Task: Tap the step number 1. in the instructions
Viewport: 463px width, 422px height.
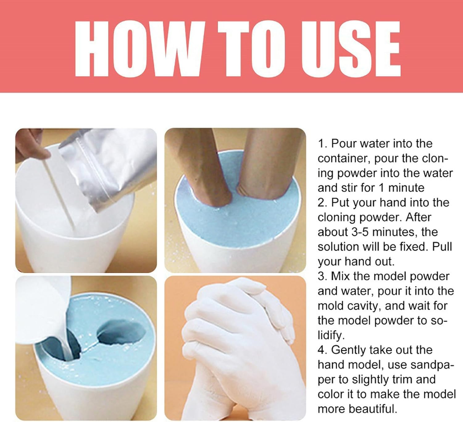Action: click(323, 144)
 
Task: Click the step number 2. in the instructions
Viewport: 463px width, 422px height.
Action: click(323, 203)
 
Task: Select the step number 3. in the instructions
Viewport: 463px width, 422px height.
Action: click(323, 276)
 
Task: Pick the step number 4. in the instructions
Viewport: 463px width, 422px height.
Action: click(323, 350)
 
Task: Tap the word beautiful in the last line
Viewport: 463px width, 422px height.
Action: click(373, 409)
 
